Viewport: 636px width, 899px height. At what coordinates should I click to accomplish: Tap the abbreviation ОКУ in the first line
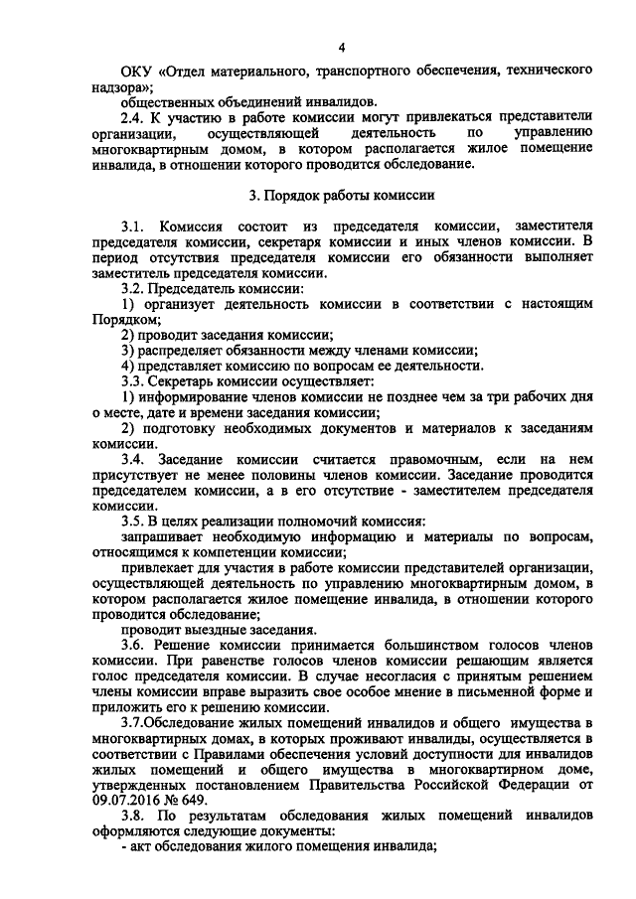[134, 72]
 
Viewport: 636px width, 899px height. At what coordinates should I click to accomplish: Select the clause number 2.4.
[132, 116]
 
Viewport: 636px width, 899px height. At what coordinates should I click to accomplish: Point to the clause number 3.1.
[133, 227]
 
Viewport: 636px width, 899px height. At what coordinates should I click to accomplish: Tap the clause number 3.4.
[133, 460]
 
